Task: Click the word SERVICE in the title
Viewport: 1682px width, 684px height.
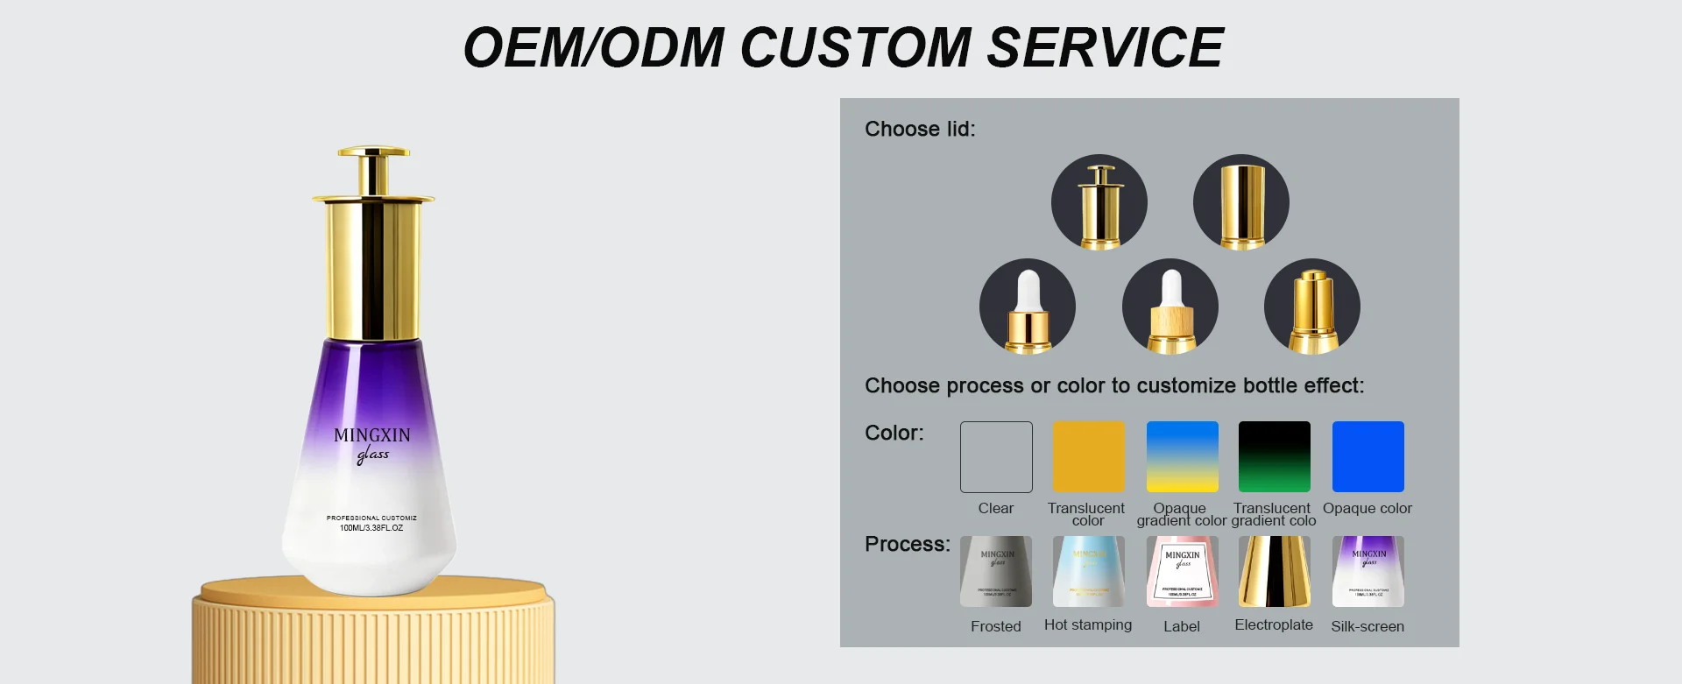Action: coord(1105,47)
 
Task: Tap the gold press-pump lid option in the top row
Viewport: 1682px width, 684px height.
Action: coord(1099,202)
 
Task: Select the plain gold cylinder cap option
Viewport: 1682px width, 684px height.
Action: coord(1241,202)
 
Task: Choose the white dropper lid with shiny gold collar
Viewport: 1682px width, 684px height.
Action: coord(1028,307)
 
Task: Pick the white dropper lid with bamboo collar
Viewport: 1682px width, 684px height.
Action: coord(1170,307)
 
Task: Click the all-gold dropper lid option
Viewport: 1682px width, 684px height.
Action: coord(1312,307)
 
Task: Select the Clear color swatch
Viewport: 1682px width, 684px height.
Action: coord(996,457)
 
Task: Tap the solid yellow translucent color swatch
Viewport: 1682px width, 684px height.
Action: coord(1089,457)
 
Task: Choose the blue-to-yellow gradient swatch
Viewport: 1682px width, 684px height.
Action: coord(1183,457)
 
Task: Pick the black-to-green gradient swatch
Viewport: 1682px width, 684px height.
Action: coord(1275,457)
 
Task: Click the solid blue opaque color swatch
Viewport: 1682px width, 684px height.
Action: coord(1368,457)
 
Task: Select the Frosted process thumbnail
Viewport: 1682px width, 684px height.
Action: coord(996,572)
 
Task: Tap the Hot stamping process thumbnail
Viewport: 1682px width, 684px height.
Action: coord(1089,572)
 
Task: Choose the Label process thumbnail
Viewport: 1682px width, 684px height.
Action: coord(1183,572)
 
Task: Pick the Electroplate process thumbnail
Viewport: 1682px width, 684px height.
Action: coord(1275,572)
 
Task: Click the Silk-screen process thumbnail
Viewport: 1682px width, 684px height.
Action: coord(1368,572)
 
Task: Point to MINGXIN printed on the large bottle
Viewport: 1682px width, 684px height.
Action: coord(372,435)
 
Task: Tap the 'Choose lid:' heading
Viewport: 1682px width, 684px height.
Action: coord(920,130)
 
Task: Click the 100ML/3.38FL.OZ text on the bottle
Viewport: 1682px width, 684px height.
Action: coord(371,528)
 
